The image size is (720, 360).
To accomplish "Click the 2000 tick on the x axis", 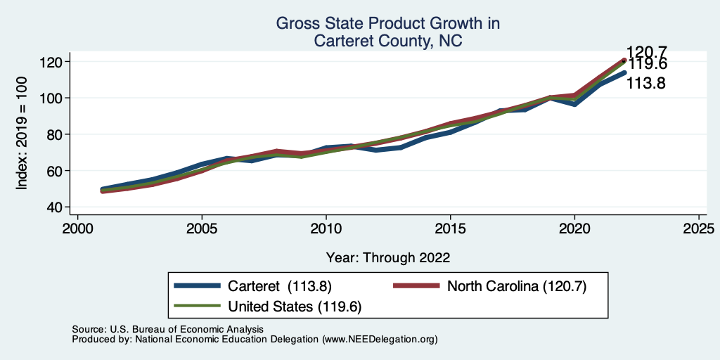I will pos(77,229).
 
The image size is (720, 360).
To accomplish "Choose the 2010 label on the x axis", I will pos(326,229).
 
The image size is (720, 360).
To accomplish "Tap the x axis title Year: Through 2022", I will pos(388,257).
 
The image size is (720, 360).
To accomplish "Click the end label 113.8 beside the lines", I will pos(645,84).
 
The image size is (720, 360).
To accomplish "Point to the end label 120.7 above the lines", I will pos(645,51).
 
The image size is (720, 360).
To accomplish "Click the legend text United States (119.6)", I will pos(295,306).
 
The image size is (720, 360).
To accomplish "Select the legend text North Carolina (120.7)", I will pos(517,286).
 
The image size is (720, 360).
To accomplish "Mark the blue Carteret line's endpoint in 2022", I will pos(624,72).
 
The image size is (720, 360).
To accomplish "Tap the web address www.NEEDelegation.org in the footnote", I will pos(379,340).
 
